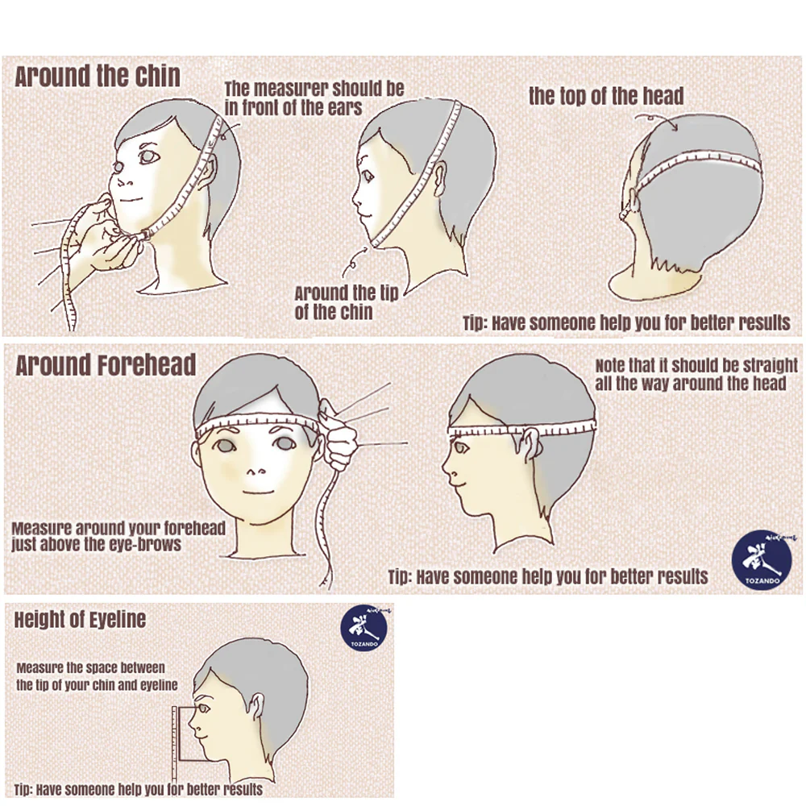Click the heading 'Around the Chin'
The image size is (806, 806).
pos(98,77)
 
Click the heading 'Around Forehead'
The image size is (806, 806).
pos(106,365)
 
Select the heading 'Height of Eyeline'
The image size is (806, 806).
pos(80,619)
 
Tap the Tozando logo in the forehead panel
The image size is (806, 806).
pos(762,560)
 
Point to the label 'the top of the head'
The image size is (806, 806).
pos(606,96)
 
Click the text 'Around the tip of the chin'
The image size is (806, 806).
pos(347,303)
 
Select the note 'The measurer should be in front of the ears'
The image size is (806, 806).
pos(314,98)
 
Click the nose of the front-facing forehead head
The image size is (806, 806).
pos(253,472)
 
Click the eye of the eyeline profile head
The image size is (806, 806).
pos(204,709)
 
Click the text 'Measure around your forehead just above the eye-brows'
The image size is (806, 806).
pos(118,536)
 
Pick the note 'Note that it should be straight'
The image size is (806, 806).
pos(696,365)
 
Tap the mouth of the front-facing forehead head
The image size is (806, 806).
pos(259,493)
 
